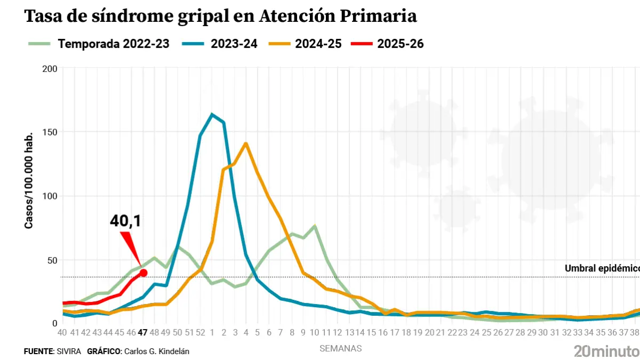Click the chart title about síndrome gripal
pos(220,17)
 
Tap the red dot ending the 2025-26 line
pos(143,273)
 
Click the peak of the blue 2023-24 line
pos(212,115)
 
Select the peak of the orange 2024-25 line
pos(246,143)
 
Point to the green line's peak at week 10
pos(315,226)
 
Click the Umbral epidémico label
pos(602,268)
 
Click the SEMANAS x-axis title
pos(340,349)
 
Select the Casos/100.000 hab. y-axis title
pos(29,180)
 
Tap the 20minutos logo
pos(606,350)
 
